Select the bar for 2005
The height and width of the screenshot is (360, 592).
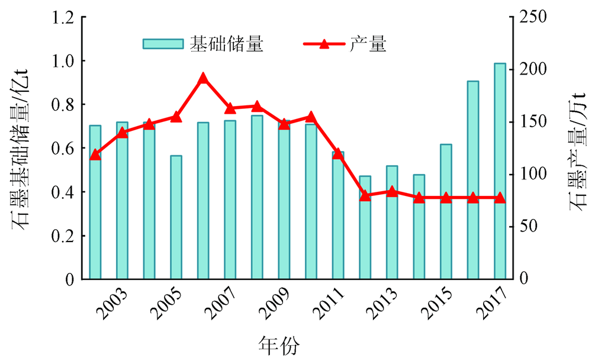[x=176, y=217]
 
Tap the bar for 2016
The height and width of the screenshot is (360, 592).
[x=473, y=179]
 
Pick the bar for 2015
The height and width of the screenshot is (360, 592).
[x=446, y=211]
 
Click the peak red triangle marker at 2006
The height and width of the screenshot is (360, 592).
[x=203, y=78]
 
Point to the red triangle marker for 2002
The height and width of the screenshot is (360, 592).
[x=95, y=155]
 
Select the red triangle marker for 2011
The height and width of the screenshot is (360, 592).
[x=338, y=154]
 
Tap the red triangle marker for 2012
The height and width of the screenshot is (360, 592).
[x=365, y=195]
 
